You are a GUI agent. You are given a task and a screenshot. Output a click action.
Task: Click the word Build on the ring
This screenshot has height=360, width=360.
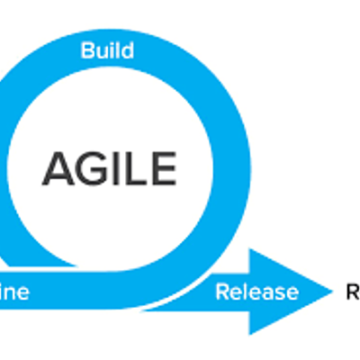pos(108,50)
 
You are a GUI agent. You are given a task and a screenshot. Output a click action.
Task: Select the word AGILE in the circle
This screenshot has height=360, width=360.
pos(109,168)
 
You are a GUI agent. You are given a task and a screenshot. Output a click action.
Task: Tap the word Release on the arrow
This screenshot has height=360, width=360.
pos(256,292)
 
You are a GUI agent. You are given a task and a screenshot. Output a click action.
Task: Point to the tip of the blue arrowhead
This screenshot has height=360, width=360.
pos(332,290)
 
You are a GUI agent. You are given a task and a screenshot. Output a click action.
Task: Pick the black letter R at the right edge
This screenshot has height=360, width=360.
pos(353,291)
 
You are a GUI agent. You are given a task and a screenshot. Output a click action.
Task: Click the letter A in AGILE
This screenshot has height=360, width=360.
pos(58,168)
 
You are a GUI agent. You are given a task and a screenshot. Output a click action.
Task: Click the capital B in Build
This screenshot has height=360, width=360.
pos(87,50)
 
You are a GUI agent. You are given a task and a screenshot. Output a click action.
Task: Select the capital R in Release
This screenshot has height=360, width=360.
pos(221,292)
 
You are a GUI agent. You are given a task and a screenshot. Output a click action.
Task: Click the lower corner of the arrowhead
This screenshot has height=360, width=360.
pos(251,334)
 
